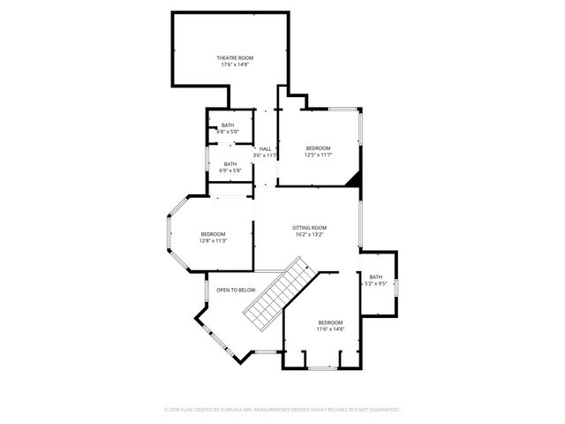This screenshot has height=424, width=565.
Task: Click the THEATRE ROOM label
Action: (229, 57)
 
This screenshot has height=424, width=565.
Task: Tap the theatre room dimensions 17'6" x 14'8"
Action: (229, 64)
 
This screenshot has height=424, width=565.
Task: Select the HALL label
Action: (265, 148)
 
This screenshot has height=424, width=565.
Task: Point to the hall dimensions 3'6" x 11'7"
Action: (265, 155)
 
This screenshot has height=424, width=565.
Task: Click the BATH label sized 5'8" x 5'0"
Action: (228, 125)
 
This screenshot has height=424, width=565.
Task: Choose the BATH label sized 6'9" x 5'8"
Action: (230, 163)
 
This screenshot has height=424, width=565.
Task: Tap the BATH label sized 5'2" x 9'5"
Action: (376, 276)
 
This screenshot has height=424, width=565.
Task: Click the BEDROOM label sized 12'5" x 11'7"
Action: (318, 148)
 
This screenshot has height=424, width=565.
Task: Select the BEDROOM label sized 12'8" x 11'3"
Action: (213, 233)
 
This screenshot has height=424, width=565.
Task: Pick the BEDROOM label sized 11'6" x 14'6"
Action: (330, 322)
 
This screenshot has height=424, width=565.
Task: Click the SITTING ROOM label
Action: (309, 228)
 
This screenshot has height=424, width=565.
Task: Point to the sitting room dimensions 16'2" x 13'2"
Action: (309, 235)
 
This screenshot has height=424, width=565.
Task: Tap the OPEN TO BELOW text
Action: (236, 290)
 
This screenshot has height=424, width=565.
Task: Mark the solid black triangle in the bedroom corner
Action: (355, 178)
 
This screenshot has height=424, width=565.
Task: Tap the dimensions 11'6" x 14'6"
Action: (330, 329)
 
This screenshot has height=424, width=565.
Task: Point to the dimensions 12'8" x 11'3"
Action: (213, 240)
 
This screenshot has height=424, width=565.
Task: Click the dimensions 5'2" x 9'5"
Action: (376, 284)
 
